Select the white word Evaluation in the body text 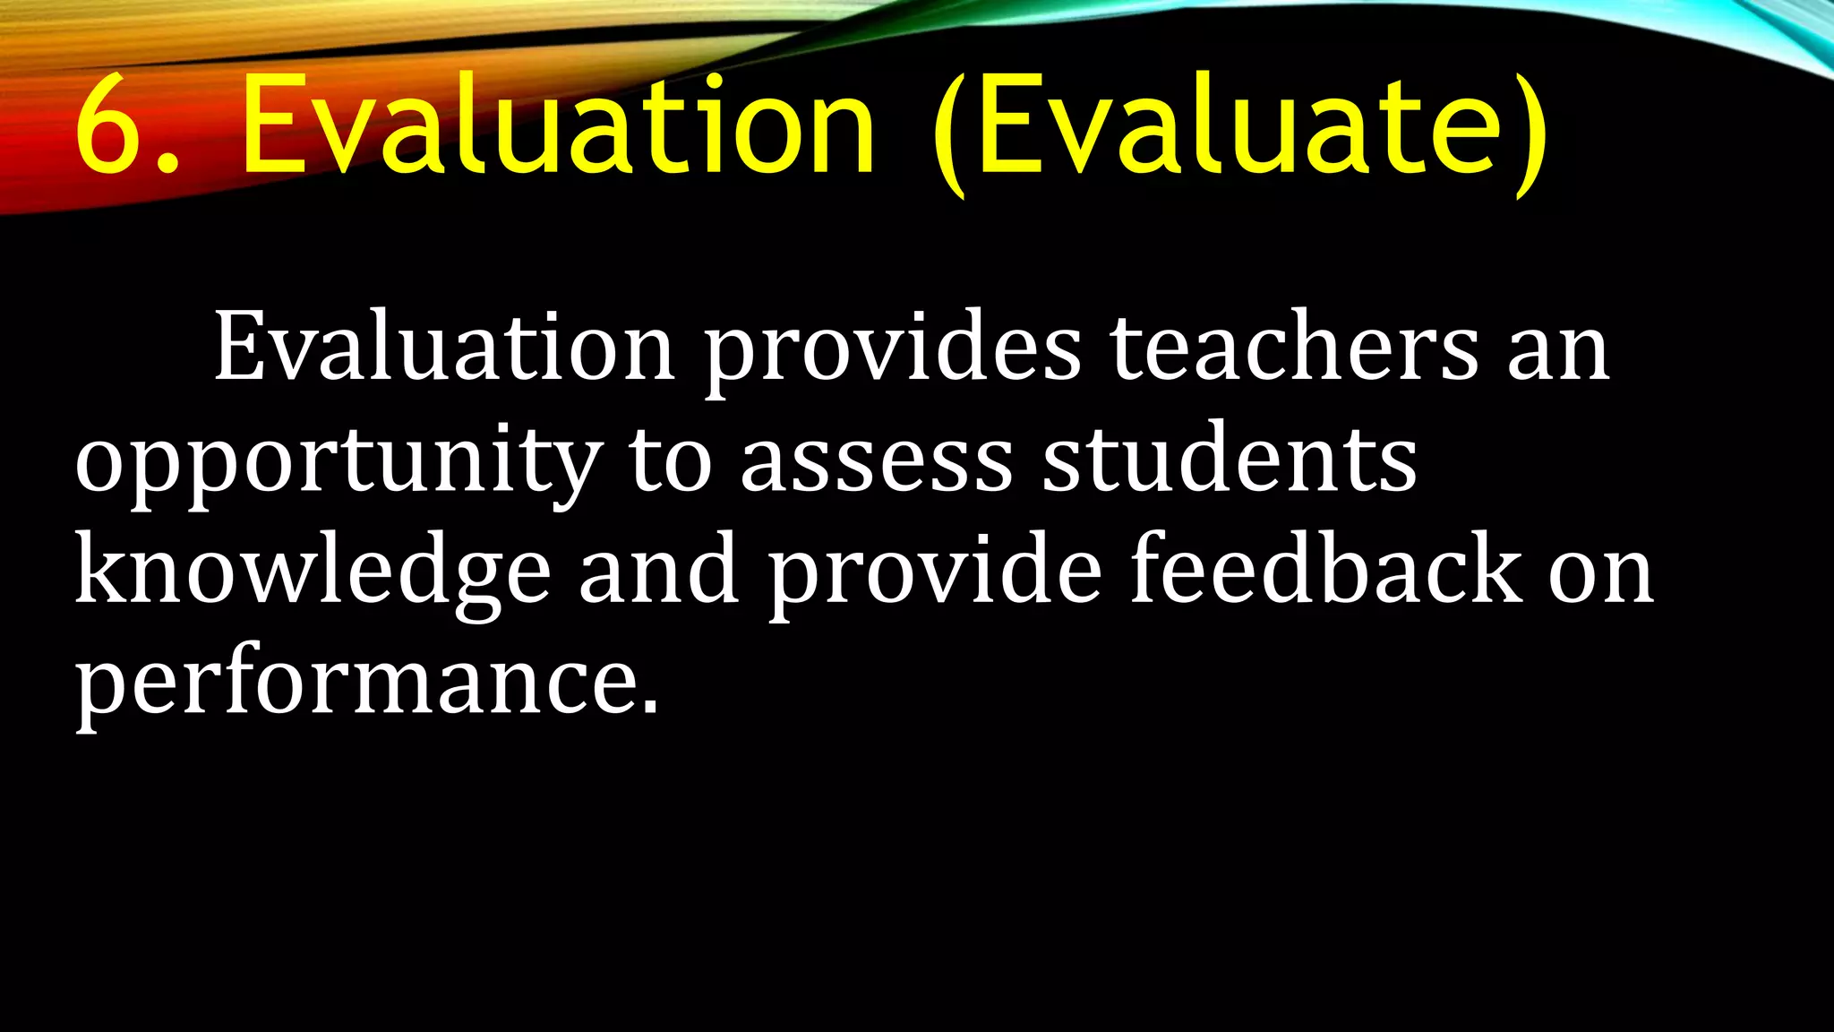(x=444, y=348)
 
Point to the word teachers (x=1295, y=348)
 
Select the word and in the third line (x=659, y=570)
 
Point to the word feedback (x=1325, y=570)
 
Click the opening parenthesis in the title (x=949, y=134)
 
